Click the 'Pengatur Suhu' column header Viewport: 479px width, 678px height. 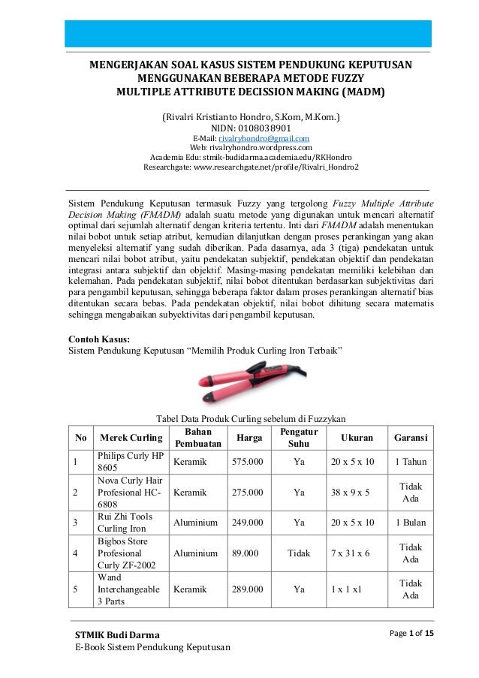coord(298,438)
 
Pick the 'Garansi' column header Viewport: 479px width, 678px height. coord(410,438)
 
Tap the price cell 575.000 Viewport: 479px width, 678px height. coord(246,462)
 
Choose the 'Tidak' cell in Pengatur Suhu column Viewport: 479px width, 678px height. coord(298,553)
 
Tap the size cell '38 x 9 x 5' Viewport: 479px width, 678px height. coord(351,493)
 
